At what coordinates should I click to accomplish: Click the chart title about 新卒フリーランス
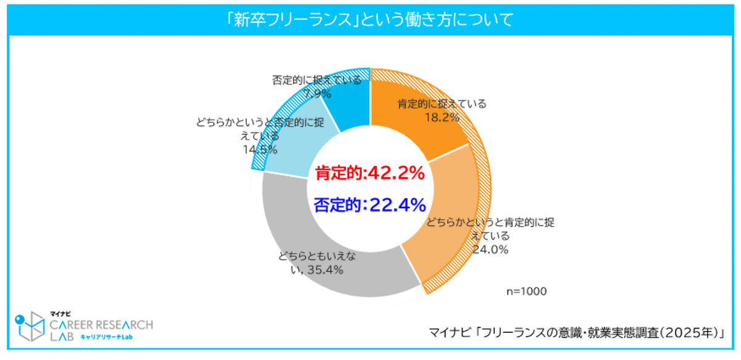point(370,20)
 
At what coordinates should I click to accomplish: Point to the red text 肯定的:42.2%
point(370,174)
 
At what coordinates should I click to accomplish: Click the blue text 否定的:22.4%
point(370,204)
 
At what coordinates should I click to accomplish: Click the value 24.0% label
point(490,249)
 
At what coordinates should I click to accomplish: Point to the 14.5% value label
point(259,149)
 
